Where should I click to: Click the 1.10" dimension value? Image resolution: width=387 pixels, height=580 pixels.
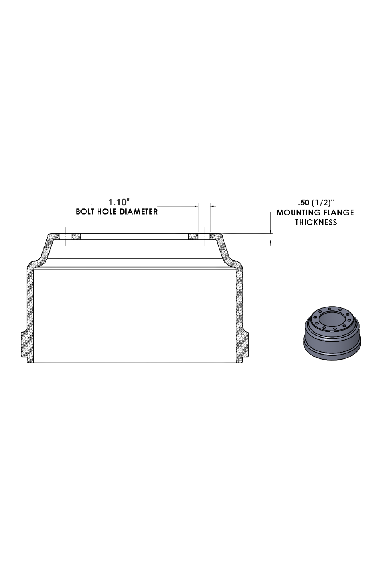tap(118, 202)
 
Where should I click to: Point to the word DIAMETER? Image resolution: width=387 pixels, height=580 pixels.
tap(138, 212)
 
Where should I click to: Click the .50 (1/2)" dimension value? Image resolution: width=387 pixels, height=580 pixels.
tap(316, 202)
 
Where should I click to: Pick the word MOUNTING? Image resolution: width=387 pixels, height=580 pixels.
tap(298, 212)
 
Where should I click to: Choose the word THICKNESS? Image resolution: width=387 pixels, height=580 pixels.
tap(316, 222)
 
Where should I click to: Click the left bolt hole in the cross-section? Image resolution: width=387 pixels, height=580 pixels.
tap(66, 237)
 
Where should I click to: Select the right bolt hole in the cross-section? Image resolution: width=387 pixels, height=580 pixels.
tap(204, 237)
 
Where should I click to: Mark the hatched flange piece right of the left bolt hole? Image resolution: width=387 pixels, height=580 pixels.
tap(76, 237)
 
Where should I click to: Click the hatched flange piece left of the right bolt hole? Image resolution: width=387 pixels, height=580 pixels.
tap(193, 237)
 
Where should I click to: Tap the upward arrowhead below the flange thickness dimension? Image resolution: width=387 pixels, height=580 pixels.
tap(270, 242)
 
